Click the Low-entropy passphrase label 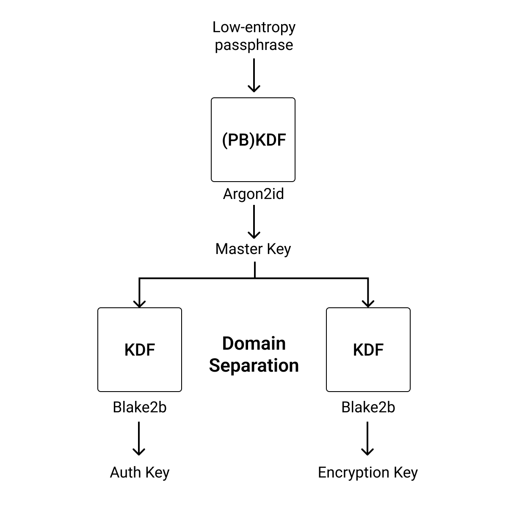[254, 36]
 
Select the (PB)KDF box [253, 140]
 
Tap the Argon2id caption [253, 194]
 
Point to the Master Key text [253, 249]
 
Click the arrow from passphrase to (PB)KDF [254, 75]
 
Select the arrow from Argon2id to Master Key [254, 222]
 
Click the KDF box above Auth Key [140, 350]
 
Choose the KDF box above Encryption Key [368, 350]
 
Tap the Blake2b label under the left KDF [140, 407]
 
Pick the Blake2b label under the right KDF [368, 407]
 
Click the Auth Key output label [140, 472]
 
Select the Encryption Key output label [368, 472]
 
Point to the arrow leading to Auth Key [139, 438]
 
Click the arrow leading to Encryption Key [367, 438]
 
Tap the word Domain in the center [254, 343]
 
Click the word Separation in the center [254, 365]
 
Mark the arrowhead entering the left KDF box [139, 303]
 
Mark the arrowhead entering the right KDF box [368, 303]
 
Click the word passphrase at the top [254, 45]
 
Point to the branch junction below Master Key [255, 278]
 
